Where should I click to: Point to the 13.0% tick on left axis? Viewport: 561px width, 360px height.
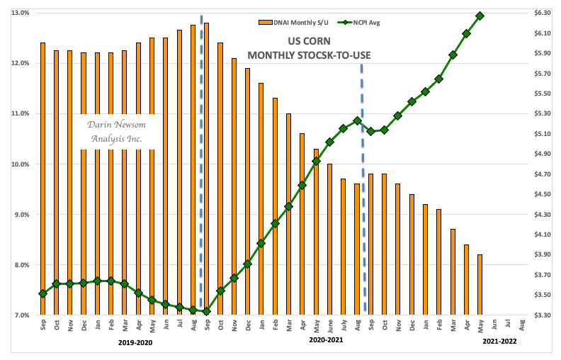19,13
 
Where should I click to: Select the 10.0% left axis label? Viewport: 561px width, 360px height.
19,164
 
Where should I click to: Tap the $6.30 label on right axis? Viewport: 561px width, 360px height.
542,13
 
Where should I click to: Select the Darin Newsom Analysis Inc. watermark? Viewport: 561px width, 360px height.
115,132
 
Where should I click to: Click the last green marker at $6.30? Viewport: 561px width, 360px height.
480,16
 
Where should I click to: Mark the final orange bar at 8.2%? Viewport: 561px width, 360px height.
480,285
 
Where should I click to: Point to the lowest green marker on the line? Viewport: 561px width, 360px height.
206,311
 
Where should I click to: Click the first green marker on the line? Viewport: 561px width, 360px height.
43,293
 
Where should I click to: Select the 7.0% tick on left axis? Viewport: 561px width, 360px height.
19,315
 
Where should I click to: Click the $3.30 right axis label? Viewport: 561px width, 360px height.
542,315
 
